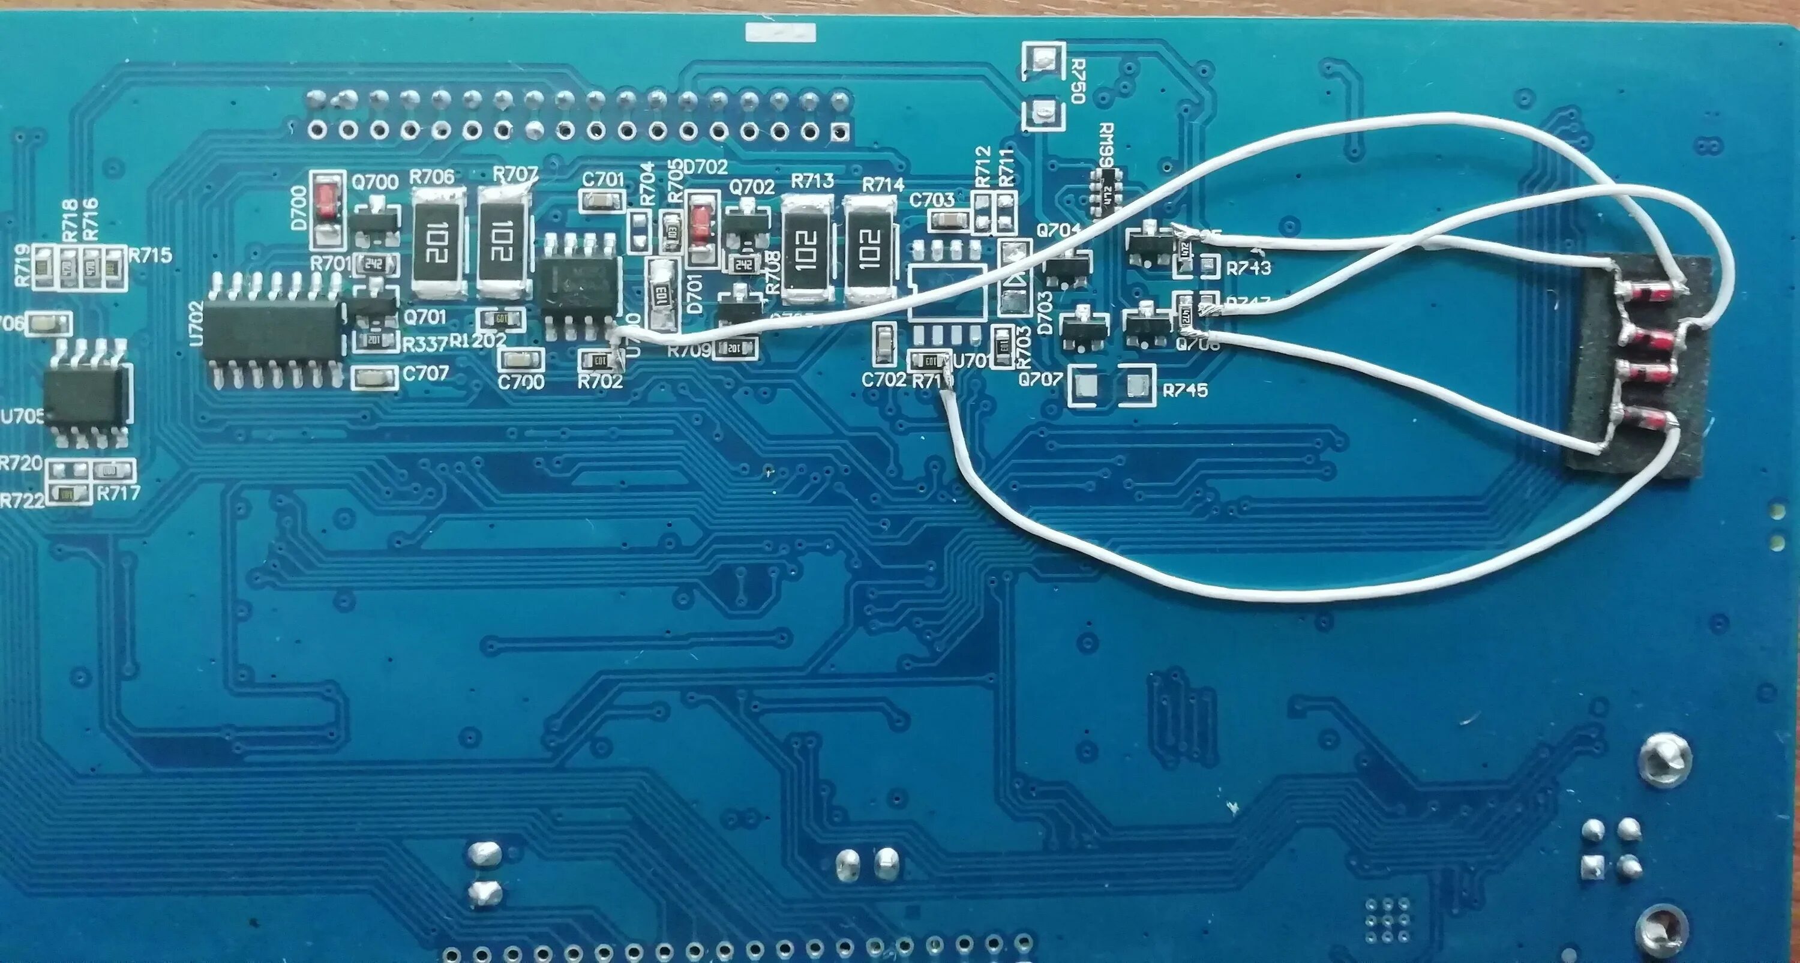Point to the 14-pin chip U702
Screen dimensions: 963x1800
tap(272, 340)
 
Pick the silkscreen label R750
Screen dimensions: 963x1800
tap(1077, 81)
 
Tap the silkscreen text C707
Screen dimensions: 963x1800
tap(425, 374)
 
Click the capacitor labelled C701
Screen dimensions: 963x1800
tap(602, 202)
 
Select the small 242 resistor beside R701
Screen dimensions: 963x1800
tap(378, 265)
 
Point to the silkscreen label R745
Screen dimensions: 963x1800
tap(1184, 391)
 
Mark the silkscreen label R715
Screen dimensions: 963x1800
tap(150, 255)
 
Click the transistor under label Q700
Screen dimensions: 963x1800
tap(375, 223)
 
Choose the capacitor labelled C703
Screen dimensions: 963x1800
tap(947, 221)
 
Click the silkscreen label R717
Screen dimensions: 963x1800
tap(118, 493)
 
